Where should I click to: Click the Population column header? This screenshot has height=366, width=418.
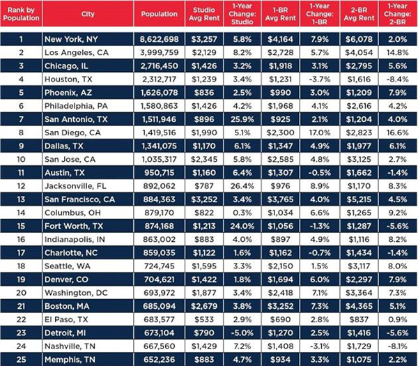click(x=159, y=14)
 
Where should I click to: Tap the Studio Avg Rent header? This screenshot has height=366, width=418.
click(x=204, y=14)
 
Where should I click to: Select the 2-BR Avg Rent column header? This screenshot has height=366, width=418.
click(x=359, y=14)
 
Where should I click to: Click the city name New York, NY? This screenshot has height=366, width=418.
click(x=71, y=39)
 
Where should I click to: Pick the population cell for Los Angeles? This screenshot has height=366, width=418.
click(x=159, y=52)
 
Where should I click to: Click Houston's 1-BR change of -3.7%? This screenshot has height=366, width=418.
click(x=320, y=79)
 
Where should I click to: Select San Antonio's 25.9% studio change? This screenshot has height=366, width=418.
click(x=242, y=119)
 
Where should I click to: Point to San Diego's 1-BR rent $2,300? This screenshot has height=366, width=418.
click(x=281, y=132)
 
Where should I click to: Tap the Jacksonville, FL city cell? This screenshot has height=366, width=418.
click(x=75, y=186)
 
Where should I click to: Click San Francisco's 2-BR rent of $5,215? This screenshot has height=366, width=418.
click(x=359, y=199)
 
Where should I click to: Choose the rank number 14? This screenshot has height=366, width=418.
click(x=21, y=213)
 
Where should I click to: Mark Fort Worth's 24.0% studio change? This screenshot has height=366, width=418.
click(x=242, y=226)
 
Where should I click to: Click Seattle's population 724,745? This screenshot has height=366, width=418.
click(x=159, y=266)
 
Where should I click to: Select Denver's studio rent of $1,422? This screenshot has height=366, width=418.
click(x=204, y=280)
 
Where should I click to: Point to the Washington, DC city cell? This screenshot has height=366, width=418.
click(x=76, y=293)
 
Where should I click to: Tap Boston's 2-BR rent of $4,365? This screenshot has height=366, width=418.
click(x=359, y=306)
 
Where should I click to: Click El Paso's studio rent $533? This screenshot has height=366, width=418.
click(x=204, y=319)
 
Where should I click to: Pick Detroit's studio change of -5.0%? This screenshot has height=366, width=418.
click(x=242, y=333)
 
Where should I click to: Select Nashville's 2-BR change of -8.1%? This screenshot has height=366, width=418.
click(x=398, y=346)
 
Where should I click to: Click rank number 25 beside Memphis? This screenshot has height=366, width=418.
click(x=21, y=359)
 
